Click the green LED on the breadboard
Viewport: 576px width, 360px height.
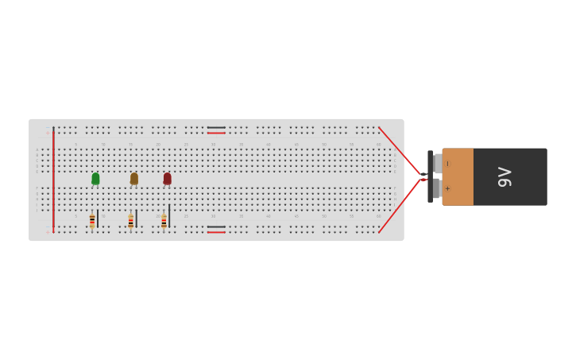[x=95, y=179]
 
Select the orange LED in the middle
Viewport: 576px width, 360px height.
[x=134, y=179]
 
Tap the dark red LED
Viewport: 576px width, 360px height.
[x=167, y=179]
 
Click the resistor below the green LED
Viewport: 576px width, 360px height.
[x=92, y=220]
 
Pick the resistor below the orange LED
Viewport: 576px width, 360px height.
[x=131, y=220]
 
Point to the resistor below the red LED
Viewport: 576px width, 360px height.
[x=164, y=220]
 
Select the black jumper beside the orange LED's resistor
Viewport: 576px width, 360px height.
[x=137, y=218]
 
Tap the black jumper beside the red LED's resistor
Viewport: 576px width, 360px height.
[x=169, y=215]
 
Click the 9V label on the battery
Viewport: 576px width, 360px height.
[x=504, y=176]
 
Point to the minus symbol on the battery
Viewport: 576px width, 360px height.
[x=447, y=164]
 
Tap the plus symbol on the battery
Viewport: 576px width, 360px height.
[x=447, y=188]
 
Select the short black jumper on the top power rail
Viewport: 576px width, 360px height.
[x=216, y=127]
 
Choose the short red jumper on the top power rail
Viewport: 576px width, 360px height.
[x=216, y=133]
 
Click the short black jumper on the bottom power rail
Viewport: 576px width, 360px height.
[x=216, y=226]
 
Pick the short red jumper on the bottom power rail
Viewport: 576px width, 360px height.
[x=216, y=232]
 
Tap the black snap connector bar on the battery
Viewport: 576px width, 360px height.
[x=430, y=176]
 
